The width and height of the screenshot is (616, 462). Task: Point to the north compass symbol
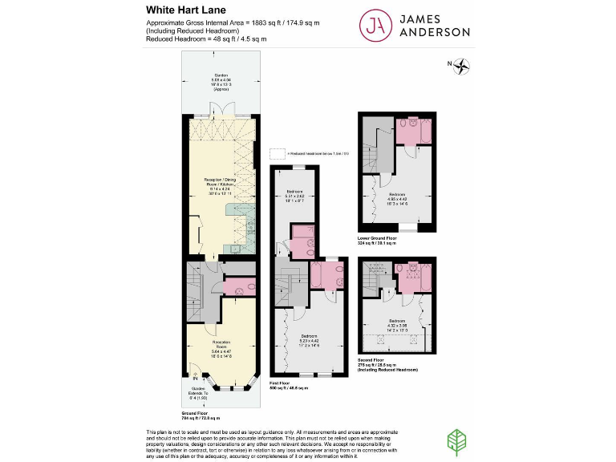[x=461, y=67]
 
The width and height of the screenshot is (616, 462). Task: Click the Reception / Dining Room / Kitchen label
[x=220, y=186]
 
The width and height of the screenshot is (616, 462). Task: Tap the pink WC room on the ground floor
[x=239, y=286]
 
